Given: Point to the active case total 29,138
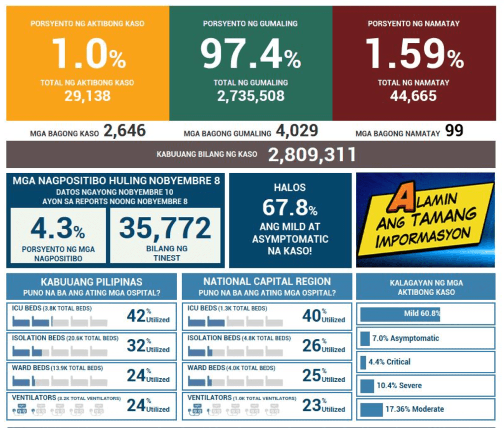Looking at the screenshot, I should tap(88, 95).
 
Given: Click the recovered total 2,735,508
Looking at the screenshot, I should tap(251, 95).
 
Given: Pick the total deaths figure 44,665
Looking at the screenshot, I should tap(413, 95).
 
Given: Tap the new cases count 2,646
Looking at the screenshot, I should tap(125, 131).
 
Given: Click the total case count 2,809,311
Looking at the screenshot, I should tap(312, 155).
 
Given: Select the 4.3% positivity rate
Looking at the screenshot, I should tap(57, 229).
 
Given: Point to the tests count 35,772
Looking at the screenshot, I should tap(165, 228).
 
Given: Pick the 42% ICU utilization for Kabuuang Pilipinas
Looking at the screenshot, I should tap(136, 316).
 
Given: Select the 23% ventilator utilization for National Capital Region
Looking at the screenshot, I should tap(312, 405).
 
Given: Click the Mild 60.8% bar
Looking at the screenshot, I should tap(401, 313).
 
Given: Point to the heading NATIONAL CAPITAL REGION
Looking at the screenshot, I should tap(267, 281).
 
